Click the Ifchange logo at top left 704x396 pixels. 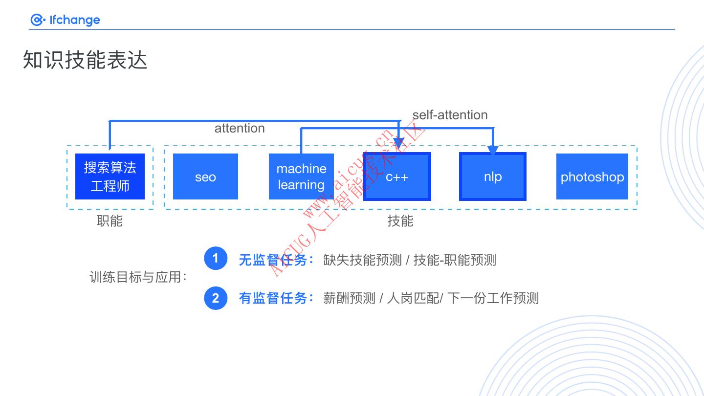click(65, 20)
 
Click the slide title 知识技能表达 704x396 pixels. click(85, 61)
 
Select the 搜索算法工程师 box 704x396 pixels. click(110, 176)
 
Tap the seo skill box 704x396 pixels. click(205, 176)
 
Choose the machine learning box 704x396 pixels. click(301, 176)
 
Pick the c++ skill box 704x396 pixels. click(397, 176)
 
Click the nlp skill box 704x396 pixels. click(493, 176)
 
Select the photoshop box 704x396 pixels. click(592, 176)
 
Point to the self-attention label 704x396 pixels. click(450, 115)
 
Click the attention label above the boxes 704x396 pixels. click(240, 128)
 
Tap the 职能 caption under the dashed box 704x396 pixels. click(110, 221)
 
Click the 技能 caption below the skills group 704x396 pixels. click(400, 221)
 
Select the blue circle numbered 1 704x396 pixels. click(216, 259)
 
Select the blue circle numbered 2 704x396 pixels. click(216, 298)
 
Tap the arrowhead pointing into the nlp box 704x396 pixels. click(493, 150)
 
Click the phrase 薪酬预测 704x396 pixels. click(349, 298)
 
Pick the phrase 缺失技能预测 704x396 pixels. click(362, 260)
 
